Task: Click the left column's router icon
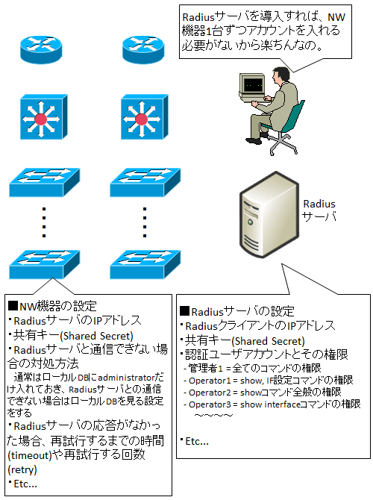(44, 46)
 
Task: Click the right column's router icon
(140, 46)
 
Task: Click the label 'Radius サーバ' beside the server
(319, 210)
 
